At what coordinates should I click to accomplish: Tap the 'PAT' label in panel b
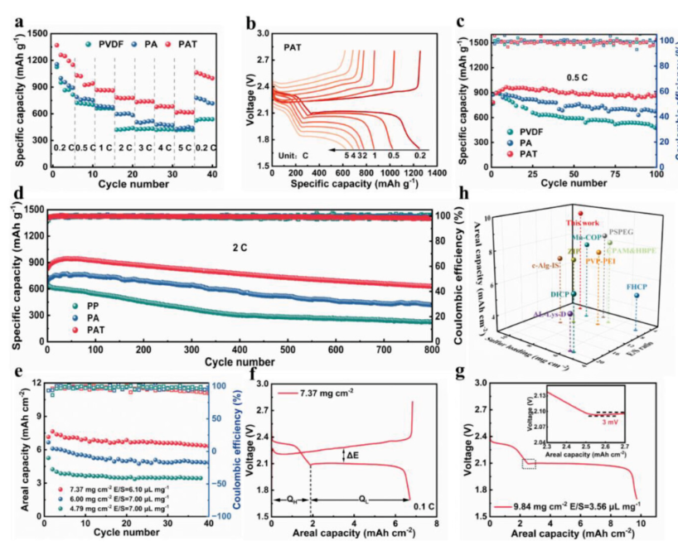(289, 46)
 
